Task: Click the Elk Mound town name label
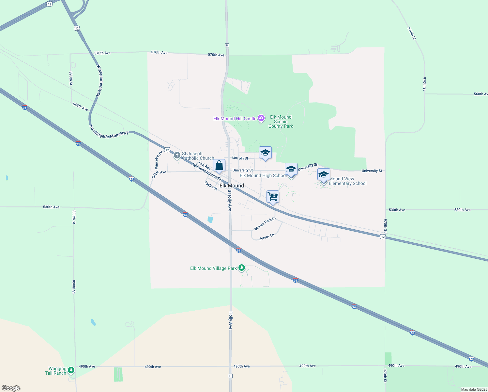click(x=232, y=186)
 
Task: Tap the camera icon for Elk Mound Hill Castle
click(x=261, y=118)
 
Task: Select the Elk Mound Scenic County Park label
click(x=281, y=122)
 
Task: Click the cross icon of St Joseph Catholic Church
click(x=177, y=155)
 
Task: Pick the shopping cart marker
click(x=273, y=197)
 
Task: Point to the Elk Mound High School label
click(x=263, y=175)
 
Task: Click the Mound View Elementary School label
click(x=347, y=181)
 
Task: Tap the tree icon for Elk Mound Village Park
click(x=242, y=268)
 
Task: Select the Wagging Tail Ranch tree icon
click(x=71, y=370)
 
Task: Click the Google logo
click(x=11, y=388)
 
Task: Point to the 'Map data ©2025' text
click(x=474, y=389)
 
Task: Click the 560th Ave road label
click(x=481, y=94)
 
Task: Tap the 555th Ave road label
click(x=80, y=106)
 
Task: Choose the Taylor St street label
click(x=211, y=186)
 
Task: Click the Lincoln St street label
click(x=240, y=158)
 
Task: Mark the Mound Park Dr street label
click(x=265, y=224)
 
